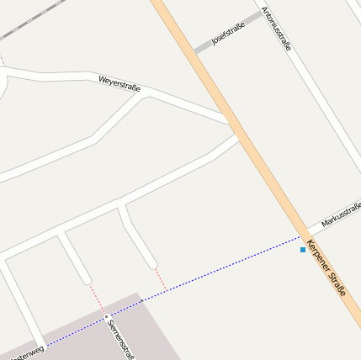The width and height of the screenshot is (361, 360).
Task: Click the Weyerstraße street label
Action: [x=119, y=83]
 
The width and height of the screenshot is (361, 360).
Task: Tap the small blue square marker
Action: [x=303, y=250]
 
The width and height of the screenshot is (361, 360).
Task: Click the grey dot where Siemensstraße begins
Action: [x=107, y=317]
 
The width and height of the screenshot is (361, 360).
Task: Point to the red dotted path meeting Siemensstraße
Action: [x=97, y=299]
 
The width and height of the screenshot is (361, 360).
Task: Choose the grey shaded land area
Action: [x=143, y=332]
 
